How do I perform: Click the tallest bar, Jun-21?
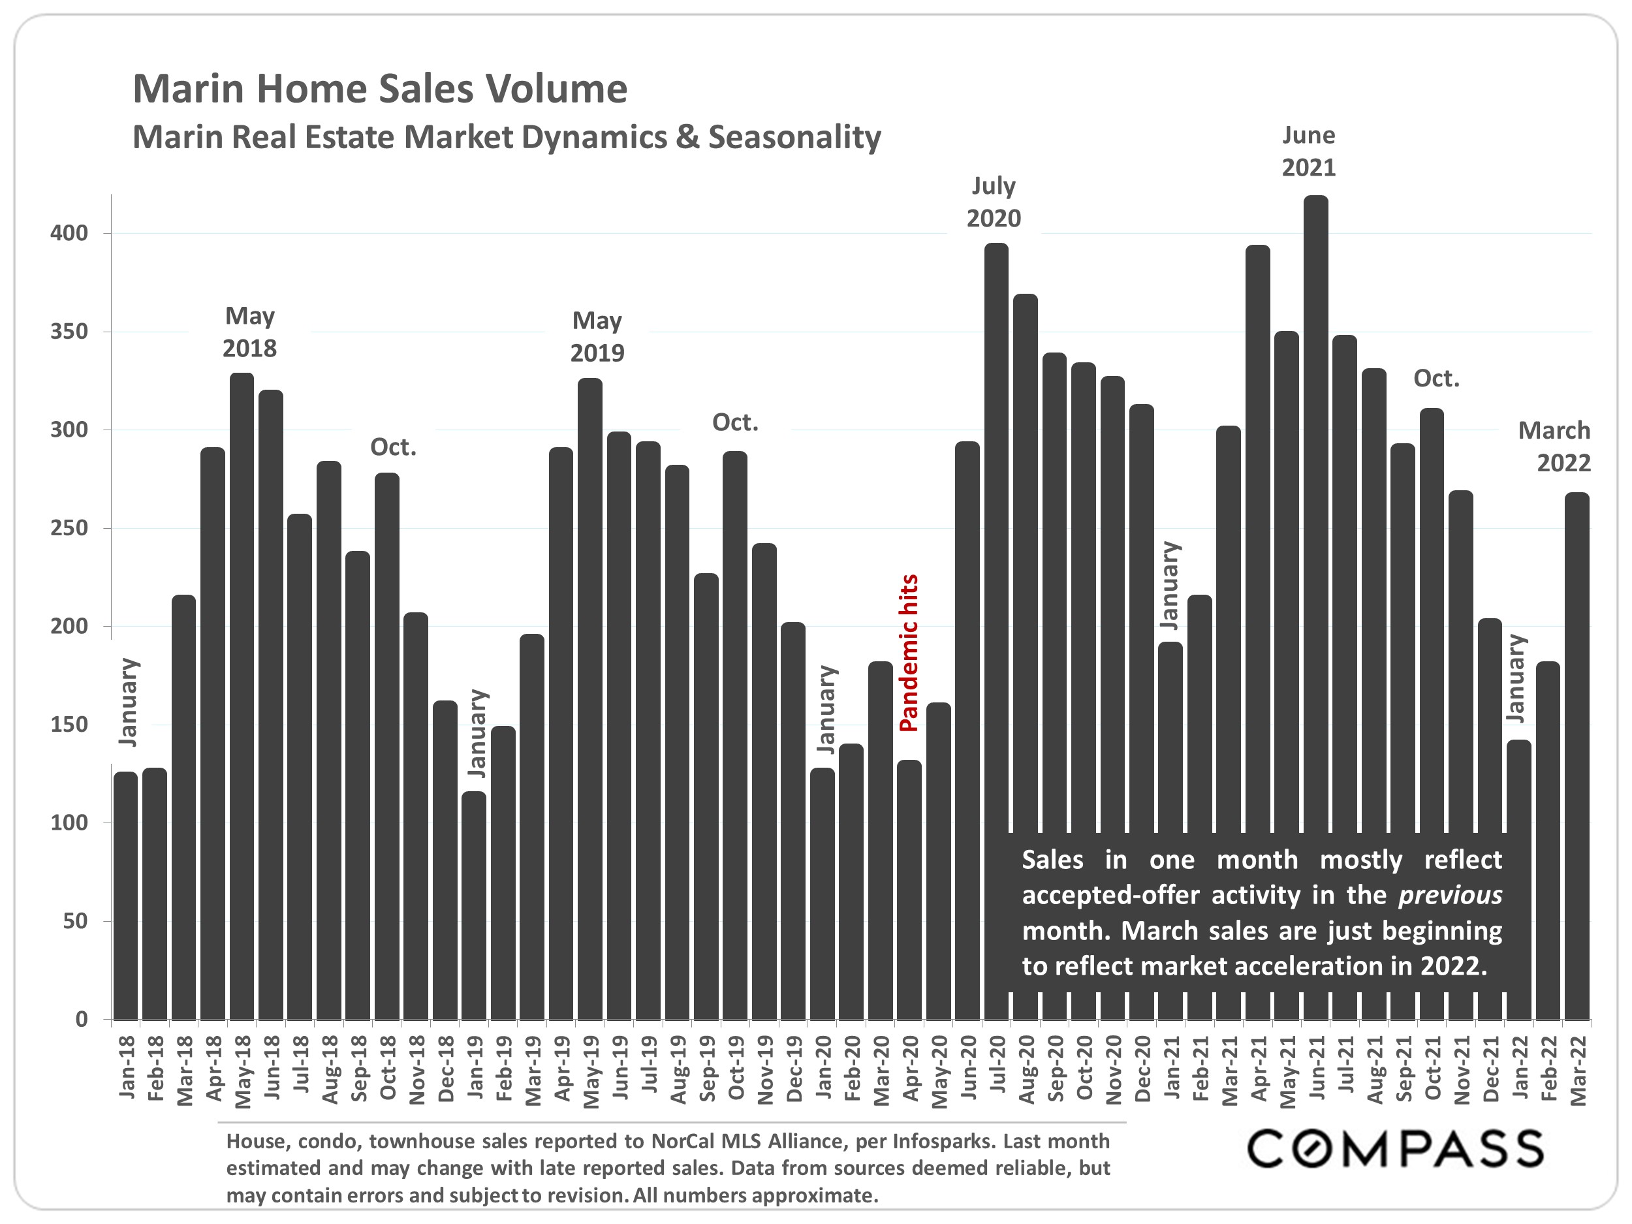(1315, 516)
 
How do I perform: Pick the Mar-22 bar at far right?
(1577, 738)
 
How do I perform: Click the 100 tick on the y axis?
(69, 823)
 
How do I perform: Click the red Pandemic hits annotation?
(909, 652)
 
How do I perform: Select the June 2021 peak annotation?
(1308, 151)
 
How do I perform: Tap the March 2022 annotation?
(1553, 447)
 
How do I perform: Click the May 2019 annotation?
(597, 336)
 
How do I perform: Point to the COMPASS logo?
(1394, 1149)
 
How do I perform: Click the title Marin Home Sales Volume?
(379, 89)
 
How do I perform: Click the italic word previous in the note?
(1450, 895)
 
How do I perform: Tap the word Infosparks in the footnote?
(937, 1141)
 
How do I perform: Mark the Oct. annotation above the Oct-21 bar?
(1436, 379)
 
